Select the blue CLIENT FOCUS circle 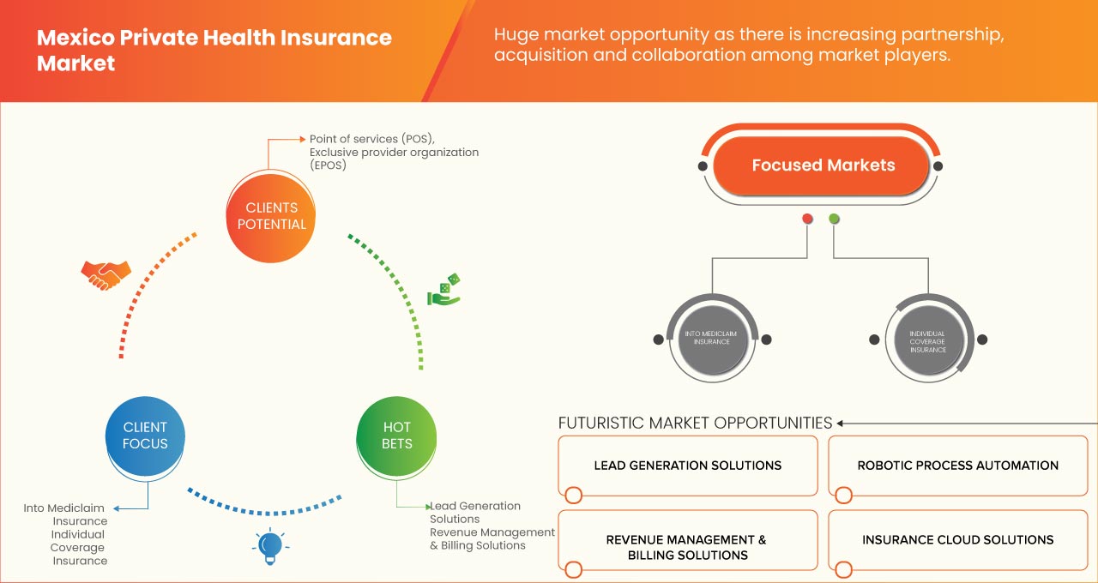[x=145, y=436]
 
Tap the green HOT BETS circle [x=396, y=436]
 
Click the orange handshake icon [x=106, y=274]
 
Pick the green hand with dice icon [x=444, y=291]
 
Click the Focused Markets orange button [x=823, y=165]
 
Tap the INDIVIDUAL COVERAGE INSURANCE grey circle [x=927, y=339]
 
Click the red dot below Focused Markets [x=807, y=219]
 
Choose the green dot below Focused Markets [x=834, y=219]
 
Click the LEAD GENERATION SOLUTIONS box [x=687, y=466]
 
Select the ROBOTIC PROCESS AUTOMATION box [x=957, y=466]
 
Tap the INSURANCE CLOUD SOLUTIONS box [x=957, y=540]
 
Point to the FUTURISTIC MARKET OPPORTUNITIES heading [x=695, y=423]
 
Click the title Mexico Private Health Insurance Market [x=214, y=51]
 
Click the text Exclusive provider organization [x=394, y=152]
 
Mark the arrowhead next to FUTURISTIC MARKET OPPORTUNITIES [x=841, y=423]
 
